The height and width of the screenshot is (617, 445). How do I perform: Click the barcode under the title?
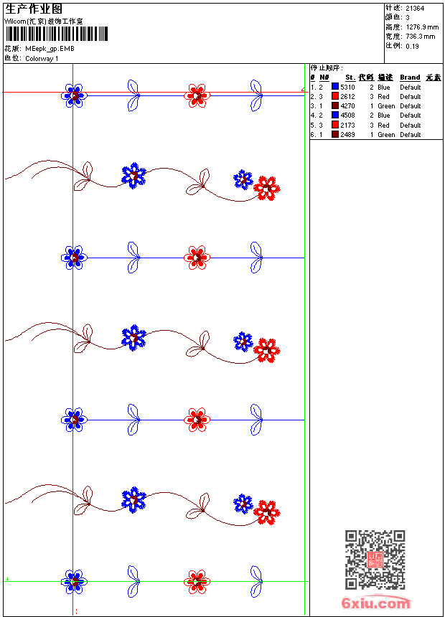[57, 34]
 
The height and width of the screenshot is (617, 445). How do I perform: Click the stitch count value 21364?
[415, 9]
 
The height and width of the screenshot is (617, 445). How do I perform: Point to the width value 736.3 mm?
[421, 36]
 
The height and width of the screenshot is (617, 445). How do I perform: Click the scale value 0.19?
[412, 45]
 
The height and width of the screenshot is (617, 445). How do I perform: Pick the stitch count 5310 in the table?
[347, 88]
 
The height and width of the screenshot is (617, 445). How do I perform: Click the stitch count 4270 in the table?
[347, 106]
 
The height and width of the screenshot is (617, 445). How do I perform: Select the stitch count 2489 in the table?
[347, 135]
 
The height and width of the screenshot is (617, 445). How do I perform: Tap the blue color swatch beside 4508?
[335, 115]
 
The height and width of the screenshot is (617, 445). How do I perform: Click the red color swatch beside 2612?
[335, 96]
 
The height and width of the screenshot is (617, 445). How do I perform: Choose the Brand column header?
[410, 77]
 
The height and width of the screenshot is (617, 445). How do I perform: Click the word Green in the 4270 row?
[386, 106]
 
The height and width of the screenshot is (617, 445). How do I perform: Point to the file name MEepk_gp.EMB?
[50, 49]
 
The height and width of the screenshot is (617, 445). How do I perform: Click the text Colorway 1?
[42, 59]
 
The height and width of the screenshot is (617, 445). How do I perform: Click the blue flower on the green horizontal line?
[74, 581]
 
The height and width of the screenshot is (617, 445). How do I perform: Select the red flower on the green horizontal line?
[197, 581]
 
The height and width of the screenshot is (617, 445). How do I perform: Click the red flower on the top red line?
[197, 94]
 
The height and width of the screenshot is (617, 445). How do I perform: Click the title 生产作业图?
[34, 9]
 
